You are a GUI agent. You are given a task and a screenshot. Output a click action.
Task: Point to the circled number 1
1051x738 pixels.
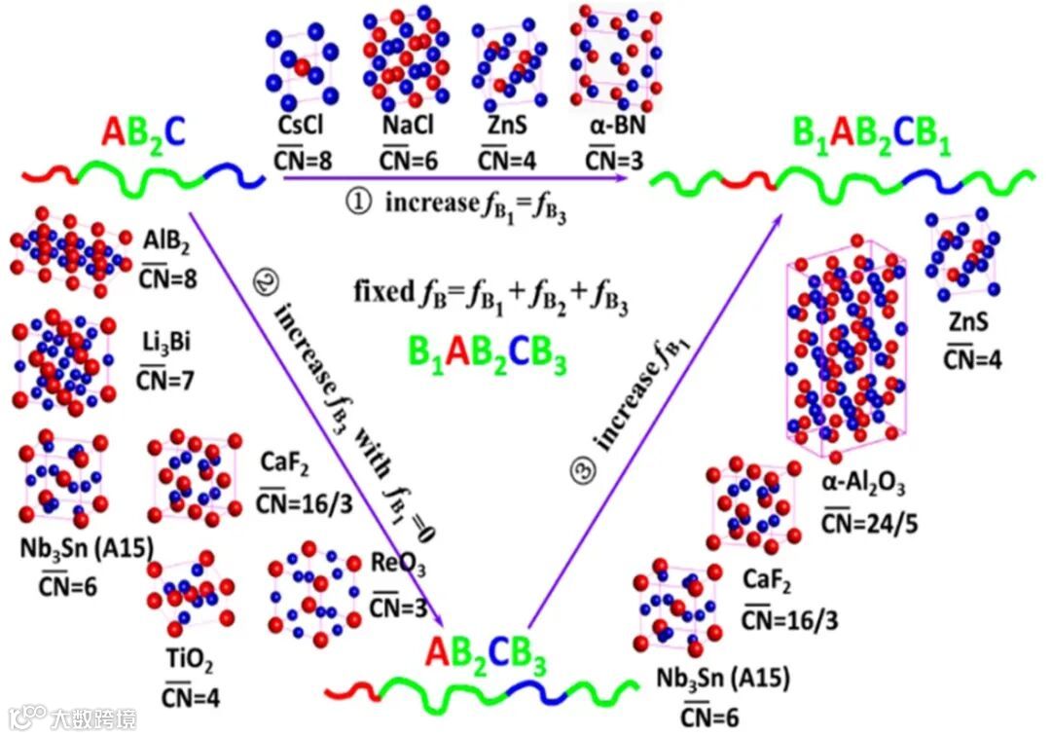click(360, 203)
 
